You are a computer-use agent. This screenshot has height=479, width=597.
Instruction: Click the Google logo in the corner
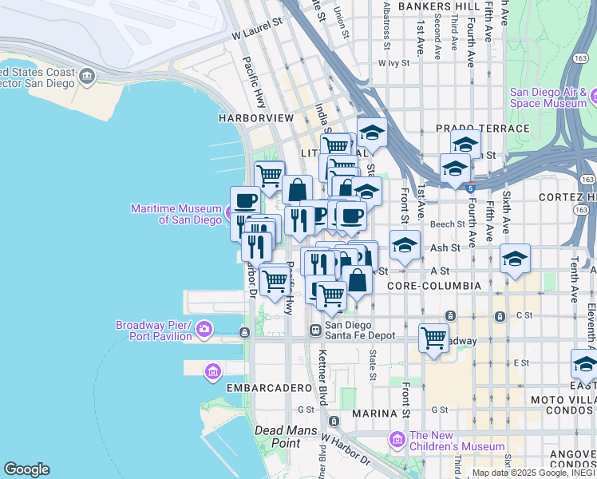click(26, 469)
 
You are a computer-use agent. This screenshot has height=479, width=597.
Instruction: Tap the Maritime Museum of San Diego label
click(176, 214)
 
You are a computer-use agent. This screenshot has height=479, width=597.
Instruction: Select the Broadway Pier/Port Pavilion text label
click(153, 331)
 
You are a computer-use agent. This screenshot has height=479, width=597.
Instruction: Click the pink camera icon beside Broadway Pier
click(204, 329)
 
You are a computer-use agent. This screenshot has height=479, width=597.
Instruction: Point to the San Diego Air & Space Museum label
click(548, 97)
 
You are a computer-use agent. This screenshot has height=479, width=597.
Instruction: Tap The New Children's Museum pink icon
click(397, 440)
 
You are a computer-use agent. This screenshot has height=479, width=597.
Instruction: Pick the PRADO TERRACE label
click(482, 129)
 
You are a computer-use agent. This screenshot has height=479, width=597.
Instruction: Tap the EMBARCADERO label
click(267, 387)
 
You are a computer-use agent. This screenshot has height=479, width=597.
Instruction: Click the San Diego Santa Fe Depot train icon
click(315, 329)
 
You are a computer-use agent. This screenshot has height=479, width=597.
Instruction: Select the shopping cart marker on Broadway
click(433, 338)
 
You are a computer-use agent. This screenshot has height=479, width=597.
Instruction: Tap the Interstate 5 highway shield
click(471, 188)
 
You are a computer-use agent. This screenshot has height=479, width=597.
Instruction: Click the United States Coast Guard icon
click(86, 77)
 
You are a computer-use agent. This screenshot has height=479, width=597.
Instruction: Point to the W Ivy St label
click(399, 61)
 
